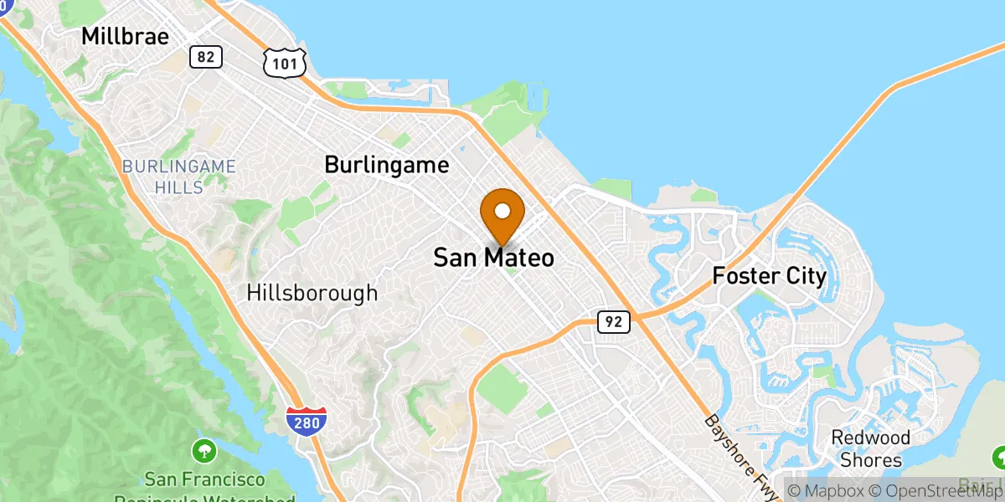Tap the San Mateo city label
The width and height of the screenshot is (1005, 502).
(493, 258)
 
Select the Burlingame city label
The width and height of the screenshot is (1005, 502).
(386, 165)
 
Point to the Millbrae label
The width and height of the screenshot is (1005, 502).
(125, 37)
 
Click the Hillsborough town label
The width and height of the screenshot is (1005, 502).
(312, 293)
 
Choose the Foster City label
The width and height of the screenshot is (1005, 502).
(769, 275)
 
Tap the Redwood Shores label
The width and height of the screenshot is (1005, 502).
(870, 448)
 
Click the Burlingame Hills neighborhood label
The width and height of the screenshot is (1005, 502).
(179, 176)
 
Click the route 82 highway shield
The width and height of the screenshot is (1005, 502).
(205, 57)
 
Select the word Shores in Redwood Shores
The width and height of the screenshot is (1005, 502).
(872, 459)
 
